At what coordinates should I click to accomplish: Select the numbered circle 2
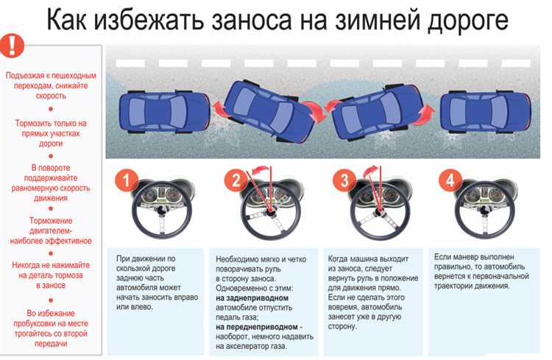[x=233, y=180]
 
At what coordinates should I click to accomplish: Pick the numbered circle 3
[x=342, y=180]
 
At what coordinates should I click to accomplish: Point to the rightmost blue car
[x=486, y=110]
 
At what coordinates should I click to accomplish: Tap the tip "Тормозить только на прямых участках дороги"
[x=51, y=134]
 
